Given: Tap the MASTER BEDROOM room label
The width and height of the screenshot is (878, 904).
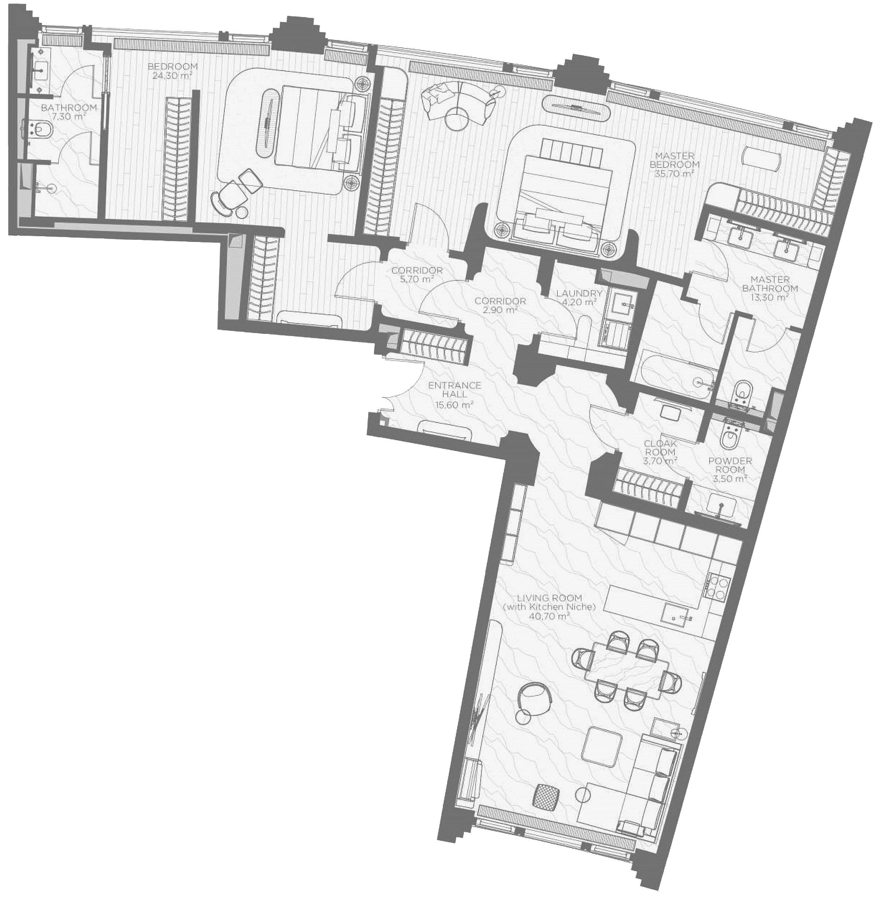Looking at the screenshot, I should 674,164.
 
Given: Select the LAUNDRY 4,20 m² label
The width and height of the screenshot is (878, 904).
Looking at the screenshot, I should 579,298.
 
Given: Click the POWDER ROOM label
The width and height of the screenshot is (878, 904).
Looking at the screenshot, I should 730,469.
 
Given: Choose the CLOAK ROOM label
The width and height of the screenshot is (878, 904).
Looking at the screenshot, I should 660,452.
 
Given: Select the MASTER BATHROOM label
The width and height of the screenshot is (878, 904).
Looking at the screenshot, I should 770,288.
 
